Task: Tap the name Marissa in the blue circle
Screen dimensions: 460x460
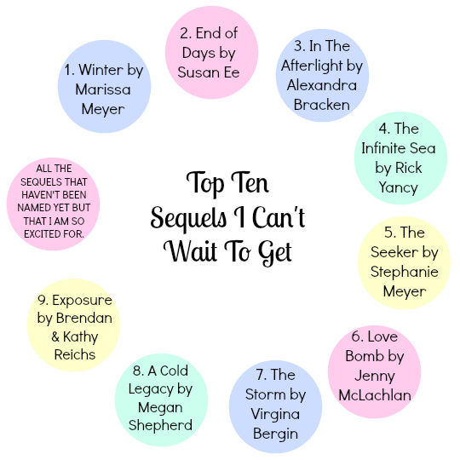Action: [x=103, y=89]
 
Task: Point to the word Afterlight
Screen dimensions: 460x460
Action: [x=312, y=66]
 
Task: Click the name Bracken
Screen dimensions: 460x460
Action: [x=322, y=105]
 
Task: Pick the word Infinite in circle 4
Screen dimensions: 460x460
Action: [x=383, y=148]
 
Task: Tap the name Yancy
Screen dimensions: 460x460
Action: [x=398, y=187]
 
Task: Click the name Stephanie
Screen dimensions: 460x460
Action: [x=405, y=272]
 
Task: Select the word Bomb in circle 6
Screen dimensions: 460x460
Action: [x=365, y=356]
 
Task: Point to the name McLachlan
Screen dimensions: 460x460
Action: [x=375, y=395]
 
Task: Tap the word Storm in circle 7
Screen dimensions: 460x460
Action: [x=265, y=394]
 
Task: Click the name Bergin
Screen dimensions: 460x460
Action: [x=275, y=434]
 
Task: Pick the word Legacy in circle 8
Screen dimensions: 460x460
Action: [x=151, y=389]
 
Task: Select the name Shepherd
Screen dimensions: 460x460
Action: [x=160, y=425]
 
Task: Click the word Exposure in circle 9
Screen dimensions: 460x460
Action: [x=82, y=301]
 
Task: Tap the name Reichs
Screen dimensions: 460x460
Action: [x=75, y=354]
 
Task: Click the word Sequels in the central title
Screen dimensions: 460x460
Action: [x=188, y=218]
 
